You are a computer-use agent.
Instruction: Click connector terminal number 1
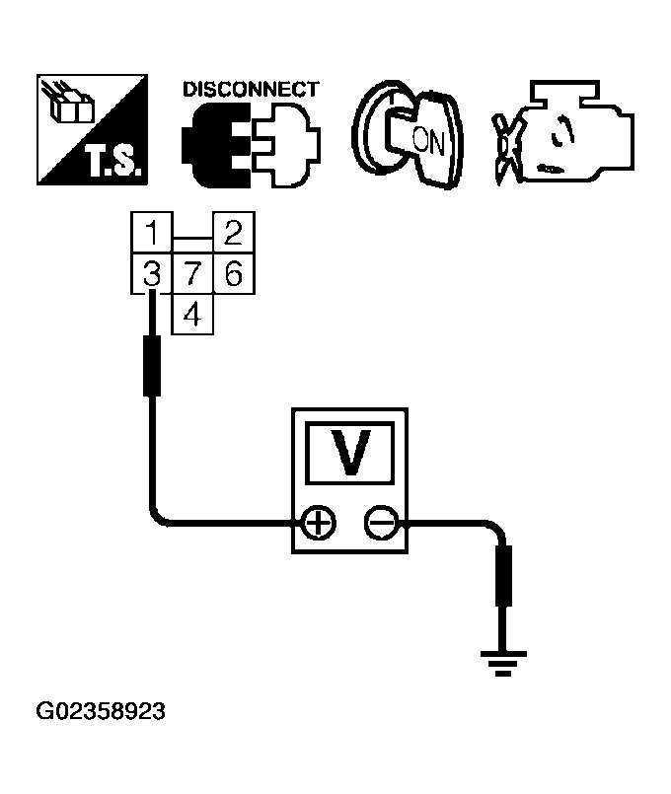[151, 234]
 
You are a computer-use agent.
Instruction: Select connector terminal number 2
[233, 234]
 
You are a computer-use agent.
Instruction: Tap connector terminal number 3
[151, 273]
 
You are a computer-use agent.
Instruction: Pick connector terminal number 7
[192, 273]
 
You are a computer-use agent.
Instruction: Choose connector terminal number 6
[233, 273]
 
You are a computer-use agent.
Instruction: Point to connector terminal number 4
[192, 315]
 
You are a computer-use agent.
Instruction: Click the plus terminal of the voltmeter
[318, 521]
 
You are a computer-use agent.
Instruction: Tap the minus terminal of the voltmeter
[379, 521]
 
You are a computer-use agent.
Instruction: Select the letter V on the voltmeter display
[348, 452]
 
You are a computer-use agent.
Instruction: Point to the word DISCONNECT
[251, 89]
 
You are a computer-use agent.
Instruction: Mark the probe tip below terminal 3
[152, 365]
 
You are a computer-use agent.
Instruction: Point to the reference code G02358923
[101, 711]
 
